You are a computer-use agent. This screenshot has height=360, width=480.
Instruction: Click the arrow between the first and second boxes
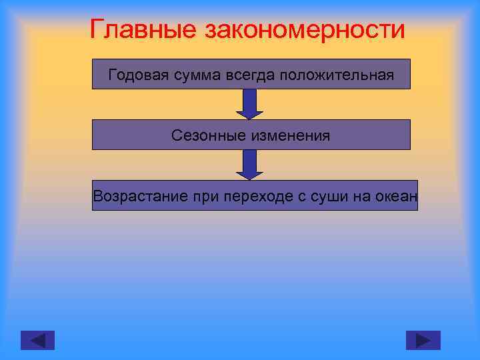pyautogui.click(x=251, y=104)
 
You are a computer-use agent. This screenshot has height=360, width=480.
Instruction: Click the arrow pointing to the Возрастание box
pyautogui.click(x=251, y=165)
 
